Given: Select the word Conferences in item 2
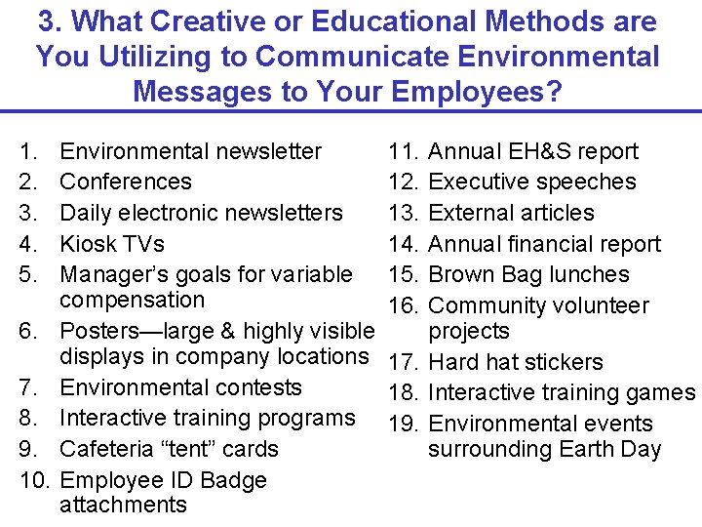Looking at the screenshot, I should coord(126,182).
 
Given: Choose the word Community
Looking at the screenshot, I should coord(485,305).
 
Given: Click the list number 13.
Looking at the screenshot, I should coord(402,213).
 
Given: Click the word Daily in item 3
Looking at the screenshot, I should coord(86,213).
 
